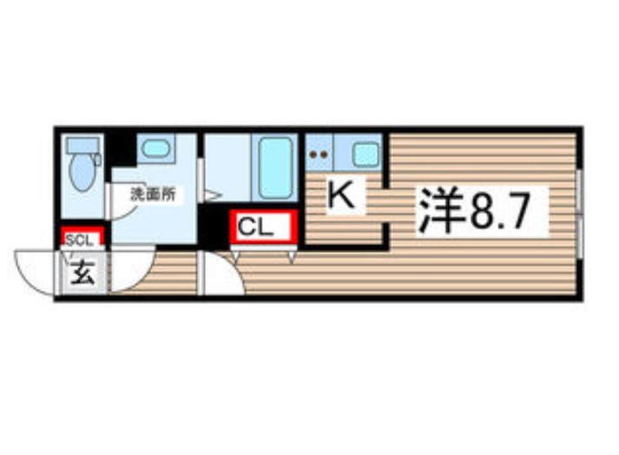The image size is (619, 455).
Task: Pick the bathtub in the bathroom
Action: [276, 164]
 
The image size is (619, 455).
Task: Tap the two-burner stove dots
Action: [319, 155]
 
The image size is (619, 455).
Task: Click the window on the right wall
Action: [578, 213]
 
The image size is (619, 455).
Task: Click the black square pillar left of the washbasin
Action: [122, 148]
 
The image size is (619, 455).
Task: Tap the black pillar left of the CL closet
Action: [212, 227]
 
